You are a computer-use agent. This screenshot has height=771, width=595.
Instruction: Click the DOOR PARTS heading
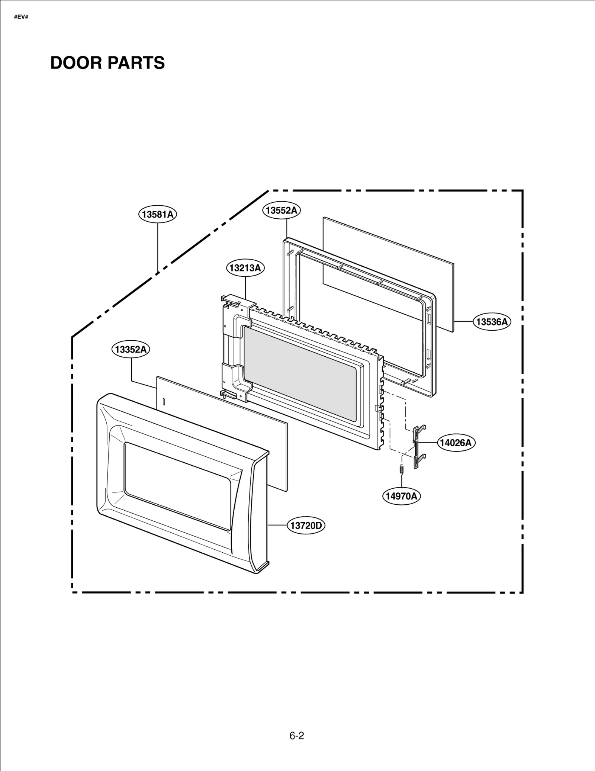point(107,63)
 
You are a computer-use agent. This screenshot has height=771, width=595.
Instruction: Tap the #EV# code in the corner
point(21,17)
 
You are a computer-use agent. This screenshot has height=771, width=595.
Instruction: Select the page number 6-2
point(297,735)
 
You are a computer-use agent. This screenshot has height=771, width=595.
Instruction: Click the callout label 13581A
point(158,214)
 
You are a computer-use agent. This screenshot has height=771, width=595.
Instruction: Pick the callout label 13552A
point(282,211)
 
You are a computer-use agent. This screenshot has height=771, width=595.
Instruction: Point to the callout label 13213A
point(245,268)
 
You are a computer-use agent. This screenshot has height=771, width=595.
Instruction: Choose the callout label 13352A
point(131,350)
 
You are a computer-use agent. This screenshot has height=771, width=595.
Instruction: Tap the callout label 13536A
point(492,322)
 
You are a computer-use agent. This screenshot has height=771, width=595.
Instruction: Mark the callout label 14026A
point(456,443)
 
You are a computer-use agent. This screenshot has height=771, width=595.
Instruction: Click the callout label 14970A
point(401,496)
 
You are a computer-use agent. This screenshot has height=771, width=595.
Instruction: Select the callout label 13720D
point(306,526)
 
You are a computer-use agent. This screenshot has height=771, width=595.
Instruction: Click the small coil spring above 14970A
point(401,469)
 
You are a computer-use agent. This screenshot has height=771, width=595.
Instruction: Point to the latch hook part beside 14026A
point(417,446)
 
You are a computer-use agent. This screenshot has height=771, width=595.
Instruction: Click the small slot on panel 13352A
point(164,401)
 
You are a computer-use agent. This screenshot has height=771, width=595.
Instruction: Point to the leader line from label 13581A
point(158,245)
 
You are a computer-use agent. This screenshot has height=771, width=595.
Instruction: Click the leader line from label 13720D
point(277,525)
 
